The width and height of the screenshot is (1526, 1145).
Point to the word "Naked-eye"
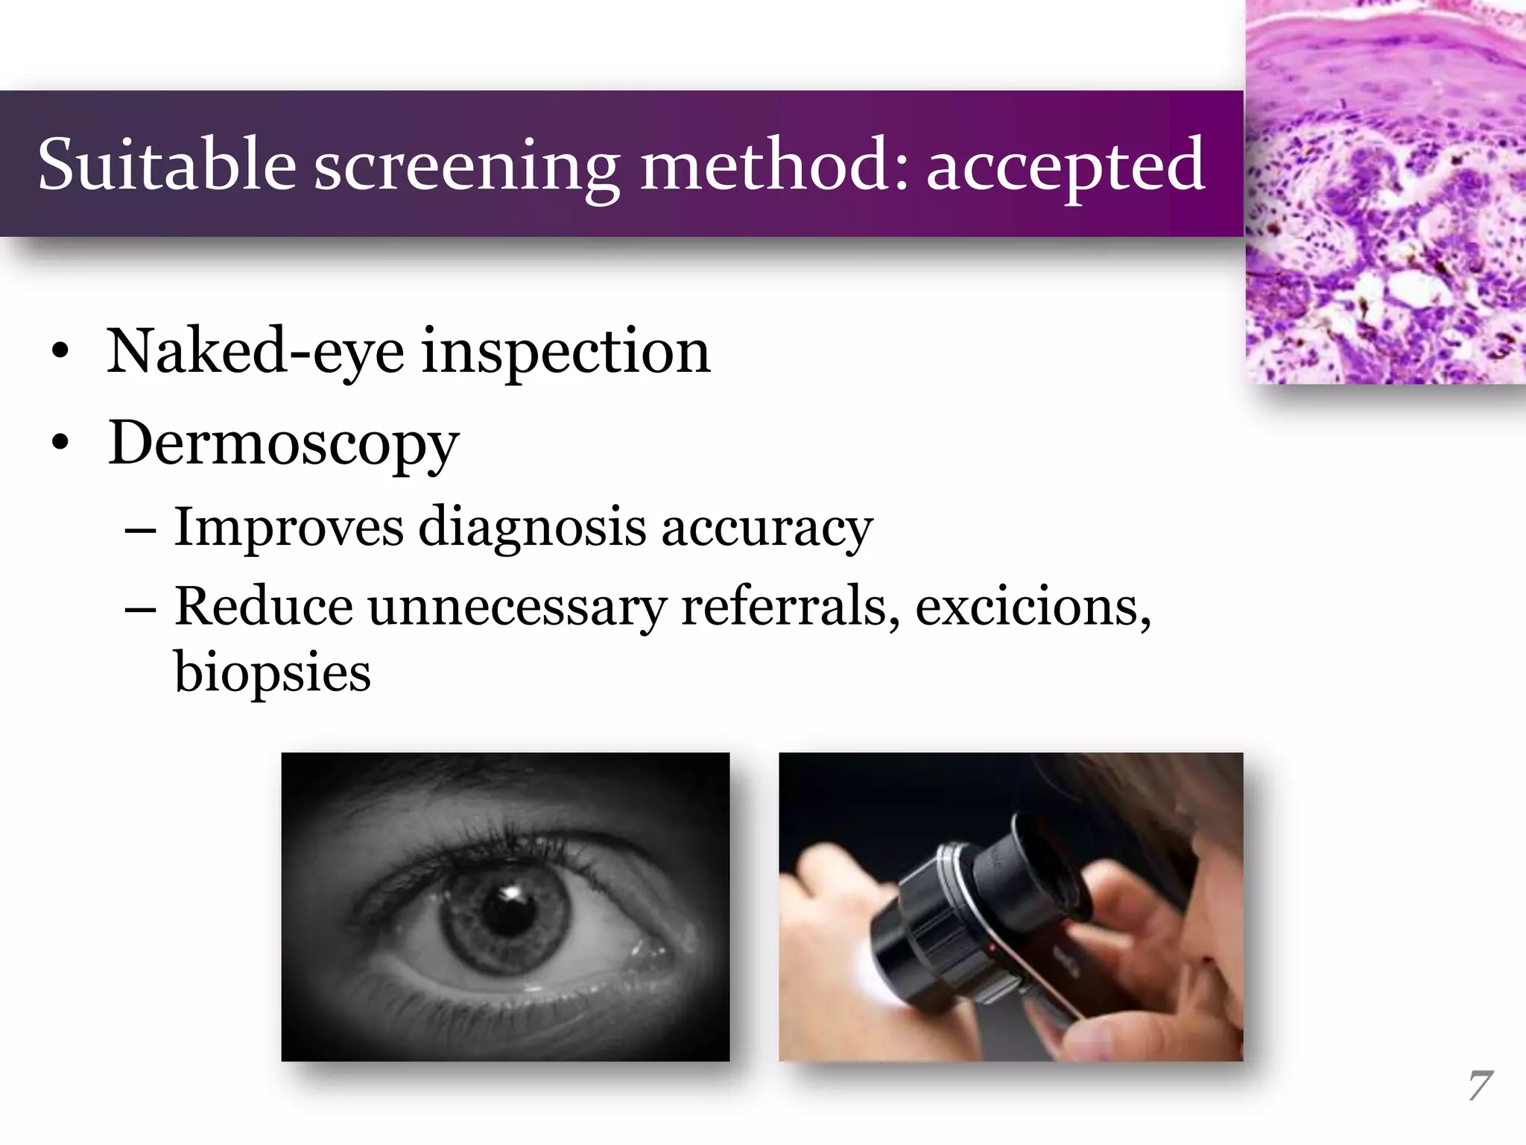256,352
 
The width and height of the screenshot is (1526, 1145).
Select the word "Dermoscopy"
283,444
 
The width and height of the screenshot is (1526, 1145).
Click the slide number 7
1479,1086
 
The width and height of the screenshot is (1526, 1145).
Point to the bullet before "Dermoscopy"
61,444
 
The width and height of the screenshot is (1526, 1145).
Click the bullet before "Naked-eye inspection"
61,352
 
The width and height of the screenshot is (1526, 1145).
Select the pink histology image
1386,192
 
